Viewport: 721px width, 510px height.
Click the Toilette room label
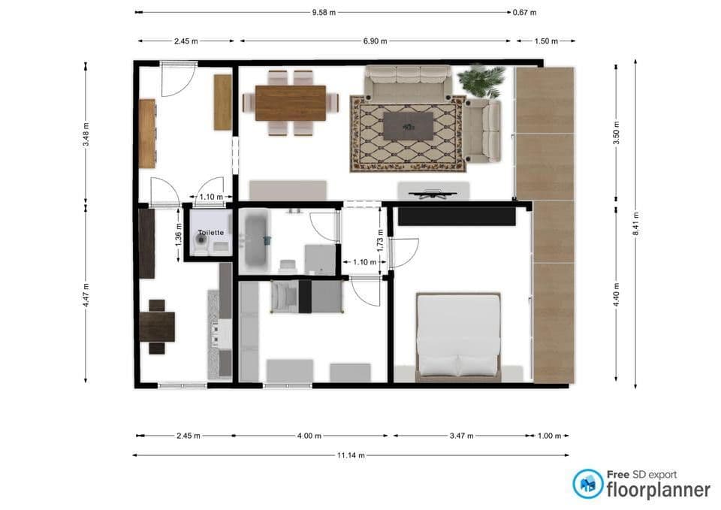click(210, 232)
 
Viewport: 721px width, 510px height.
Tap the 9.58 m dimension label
click(324, 13)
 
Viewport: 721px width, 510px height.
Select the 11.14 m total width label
click(351, 455)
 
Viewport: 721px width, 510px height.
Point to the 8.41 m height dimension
click(636, 224)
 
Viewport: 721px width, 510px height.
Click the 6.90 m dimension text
click(376, 41)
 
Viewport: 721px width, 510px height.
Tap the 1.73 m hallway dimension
click(380, 240)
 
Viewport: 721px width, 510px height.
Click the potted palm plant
click(481, 80)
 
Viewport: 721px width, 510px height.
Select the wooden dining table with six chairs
click(291, 103)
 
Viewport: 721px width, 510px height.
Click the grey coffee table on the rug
click(409, 126)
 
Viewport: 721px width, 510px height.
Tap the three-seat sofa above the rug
click(408, 83)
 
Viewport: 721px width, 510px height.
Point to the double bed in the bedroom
click(458, 337)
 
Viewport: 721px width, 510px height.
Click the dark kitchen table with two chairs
click(157, 327)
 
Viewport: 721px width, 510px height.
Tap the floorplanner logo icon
click(587, 484)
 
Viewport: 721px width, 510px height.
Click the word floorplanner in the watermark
click(659, 490)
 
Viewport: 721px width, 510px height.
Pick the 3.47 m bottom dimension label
click(462, 436)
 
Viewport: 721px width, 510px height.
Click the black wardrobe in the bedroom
click(457, 216)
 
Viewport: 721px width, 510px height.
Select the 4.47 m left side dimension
click(86, 294)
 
